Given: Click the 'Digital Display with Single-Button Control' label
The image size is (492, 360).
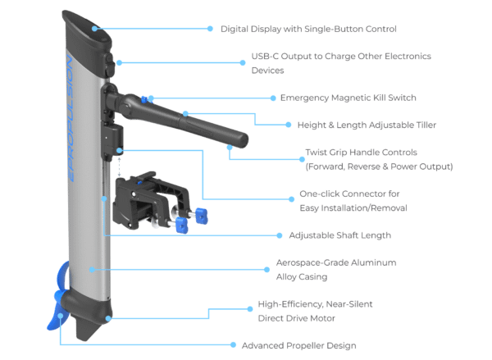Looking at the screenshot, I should pos(308,30).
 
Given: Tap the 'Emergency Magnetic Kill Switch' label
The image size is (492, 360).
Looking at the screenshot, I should pos(348,98).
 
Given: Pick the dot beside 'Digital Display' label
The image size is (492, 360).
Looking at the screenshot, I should pos(208,30).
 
